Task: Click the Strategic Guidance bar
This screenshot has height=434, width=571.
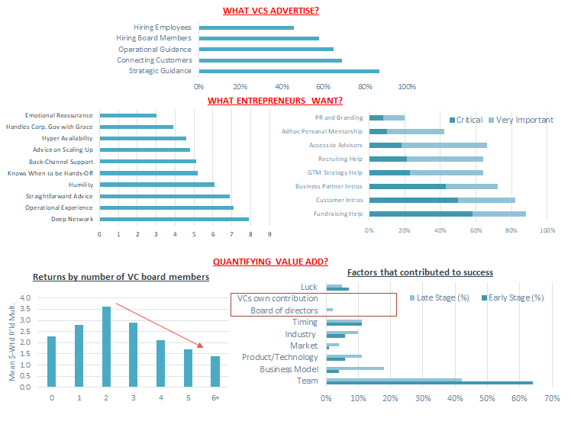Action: tap(289, 71)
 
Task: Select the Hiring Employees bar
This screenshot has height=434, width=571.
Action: tap(247, 27)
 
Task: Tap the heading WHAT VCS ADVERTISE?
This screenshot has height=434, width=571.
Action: tap(271, 11)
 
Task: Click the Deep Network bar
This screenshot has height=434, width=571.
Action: tap(175, 220)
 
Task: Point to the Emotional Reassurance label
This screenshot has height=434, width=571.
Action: tap(59, 115)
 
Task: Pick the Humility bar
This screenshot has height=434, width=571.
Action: tap(157, 185)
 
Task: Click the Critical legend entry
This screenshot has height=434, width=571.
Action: tap(466, 120)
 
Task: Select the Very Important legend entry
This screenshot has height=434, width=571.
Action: tap(521, 120)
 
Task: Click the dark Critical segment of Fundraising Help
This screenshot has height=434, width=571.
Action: tap(421, 214)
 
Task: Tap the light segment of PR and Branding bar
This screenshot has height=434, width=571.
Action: tap(394, 118)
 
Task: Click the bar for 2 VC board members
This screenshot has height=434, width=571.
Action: tap(106, 347)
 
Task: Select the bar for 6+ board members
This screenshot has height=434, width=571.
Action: tap(215, 371)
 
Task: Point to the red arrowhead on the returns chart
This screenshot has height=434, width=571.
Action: tap(200, 346)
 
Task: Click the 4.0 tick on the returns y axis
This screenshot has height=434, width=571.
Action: tap(25, 298)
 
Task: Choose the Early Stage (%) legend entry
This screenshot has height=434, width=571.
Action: tap(513, 298)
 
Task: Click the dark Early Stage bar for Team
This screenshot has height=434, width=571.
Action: tap(430, 383)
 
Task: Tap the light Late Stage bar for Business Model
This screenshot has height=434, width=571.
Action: tap(355, 368)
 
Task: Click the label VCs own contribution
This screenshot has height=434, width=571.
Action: tap(278, 299)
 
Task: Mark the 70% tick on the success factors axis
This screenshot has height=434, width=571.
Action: tap(552, 398)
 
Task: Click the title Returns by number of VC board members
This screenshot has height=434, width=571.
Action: tap(121, 277)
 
